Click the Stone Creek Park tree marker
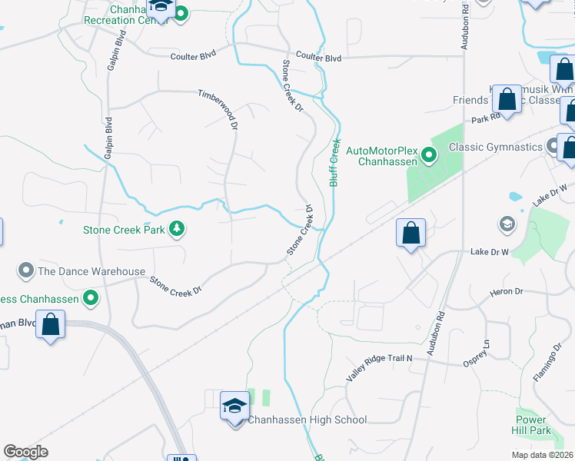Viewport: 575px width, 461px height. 178,229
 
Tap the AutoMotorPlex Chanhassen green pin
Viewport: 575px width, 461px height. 429,156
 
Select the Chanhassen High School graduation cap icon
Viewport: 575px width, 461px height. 234,406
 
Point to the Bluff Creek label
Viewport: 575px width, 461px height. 334,162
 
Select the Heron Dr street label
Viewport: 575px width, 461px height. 507,292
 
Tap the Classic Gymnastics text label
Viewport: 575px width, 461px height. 496,147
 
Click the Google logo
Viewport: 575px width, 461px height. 25,452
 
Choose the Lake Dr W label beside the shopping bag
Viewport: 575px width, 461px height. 490,251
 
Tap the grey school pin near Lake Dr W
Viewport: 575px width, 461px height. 507,224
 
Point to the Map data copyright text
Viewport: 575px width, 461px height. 543,454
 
